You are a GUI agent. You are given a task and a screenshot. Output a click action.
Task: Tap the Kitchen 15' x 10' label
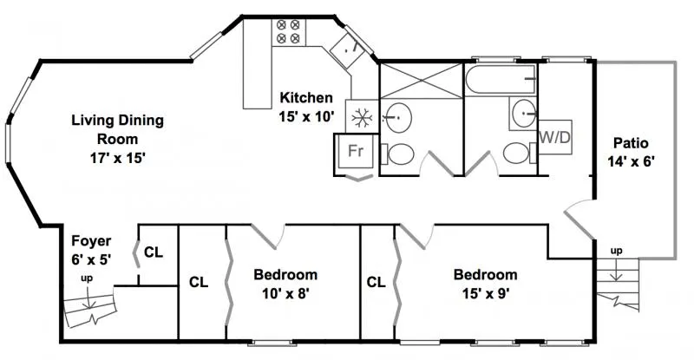coord(306,106)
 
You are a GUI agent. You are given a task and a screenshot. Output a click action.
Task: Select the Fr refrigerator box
coord(355,151)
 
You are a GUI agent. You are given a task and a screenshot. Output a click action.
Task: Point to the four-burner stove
coord(288,33)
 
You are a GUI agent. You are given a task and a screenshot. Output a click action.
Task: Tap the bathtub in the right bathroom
coord(501,82)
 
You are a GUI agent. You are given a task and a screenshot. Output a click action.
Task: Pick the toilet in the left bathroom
coord(401,155)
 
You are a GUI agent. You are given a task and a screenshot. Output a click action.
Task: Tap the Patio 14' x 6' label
coord(631,151)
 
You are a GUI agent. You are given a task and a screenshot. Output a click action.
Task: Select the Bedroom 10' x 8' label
coord(285,283)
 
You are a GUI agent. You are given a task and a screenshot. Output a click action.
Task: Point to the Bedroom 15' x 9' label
coord(486,283)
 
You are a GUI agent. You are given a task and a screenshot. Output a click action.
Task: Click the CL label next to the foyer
coord(154,252)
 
